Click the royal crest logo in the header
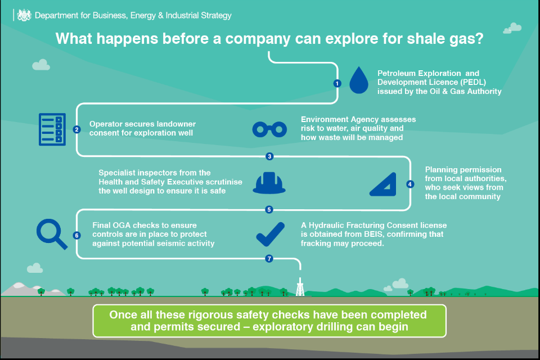point(24,16)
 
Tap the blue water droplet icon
point(359,80)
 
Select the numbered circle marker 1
point(337,83)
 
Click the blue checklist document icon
point(52,129)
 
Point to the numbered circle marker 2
point(77,129)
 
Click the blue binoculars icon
point(269,129)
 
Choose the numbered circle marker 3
point(269,156)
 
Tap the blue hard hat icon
point(269,183)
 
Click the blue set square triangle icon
point(383,184)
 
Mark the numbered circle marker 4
point(410,184)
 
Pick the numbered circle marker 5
point(269,209)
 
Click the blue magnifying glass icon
point(52,234)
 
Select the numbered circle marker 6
point(77,235)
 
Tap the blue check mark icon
point(271,234)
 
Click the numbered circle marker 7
point(269,259)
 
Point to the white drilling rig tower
point(300,287)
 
